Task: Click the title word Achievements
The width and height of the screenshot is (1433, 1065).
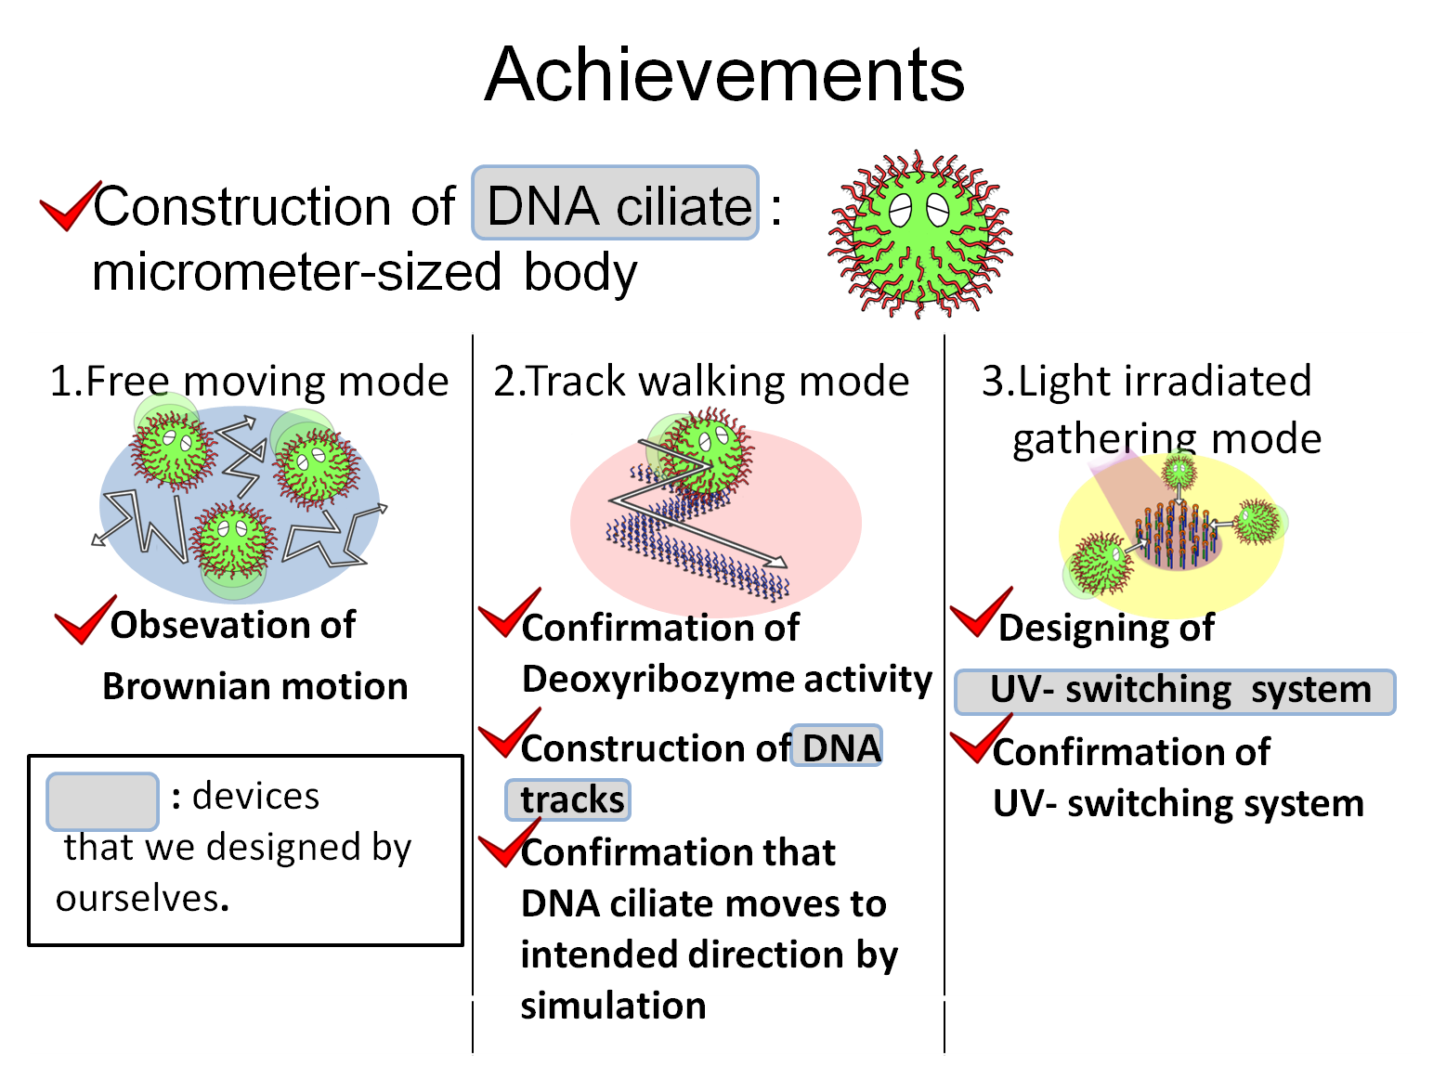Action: (724, 75)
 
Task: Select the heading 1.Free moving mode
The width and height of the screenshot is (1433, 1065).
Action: (249, 382)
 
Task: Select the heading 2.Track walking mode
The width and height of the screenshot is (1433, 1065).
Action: (701, 382)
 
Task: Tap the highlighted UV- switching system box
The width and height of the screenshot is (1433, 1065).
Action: (1175, 692)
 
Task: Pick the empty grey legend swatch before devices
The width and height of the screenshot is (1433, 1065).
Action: (102, 800)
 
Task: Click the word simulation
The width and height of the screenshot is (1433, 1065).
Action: (613, 1007)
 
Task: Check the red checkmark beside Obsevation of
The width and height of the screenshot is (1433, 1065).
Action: (85, 620)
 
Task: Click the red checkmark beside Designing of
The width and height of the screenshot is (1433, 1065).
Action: (980, 613)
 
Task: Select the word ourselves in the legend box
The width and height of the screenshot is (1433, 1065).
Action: (139, 899)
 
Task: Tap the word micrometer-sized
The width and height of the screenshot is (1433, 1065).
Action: (297, 273)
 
